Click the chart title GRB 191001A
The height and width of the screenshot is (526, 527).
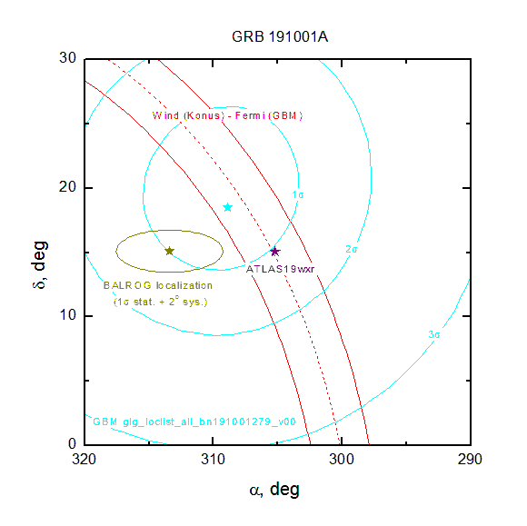pos(280,36)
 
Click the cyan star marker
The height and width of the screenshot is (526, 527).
pos(228,207)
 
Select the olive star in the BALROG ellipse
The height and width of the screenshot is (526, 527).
pos(169,251)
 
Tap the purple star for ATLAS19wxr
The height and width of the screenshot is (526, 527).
pos(275,252)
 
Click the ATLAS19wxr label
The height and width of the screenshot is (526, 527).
pos(280,269)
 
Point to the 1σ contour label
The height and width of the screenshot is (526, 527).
pos(298,195)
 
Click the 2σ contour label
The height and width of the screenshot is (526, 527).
pos(352,249)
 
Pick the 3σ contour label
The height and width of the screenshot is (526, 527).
pos(434,334)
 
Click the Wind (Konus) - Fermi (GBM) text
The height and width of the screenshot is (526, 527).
pos(227,115)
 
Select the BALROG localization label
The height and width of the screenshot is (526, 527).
pos(157,285)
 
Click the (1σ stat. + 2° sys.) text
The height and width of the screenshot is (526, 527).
pos(160,302)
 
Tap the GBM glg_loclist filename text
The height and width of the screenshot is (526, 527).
pos(194,422)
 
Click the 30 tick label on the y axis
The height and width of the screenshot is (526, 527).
pos(67,58)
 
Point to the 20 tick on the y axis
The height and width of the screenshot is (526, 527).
pos(67,186)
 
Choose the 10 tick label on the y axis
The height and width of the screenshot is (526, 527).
pos(67,315)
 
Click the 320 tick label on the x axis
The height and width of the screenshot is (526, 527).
pos(84,459)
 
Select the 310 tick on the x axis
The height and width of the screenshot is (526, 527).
pos(214,459)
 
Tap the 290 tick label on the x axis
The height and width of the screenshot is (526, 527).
pos(470,459)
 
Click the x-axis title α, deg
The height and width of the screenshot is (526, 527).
pos(274,490)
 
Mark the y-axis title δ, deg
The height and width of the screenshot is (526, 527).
pos(40,264)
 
